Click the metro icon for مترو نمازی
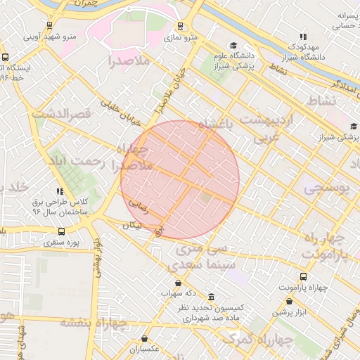(180, 26)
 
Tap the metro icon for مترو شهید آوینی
(49, 25)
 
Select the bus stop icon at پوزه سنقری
(62, 231)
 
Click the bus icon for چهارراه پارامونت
(303, 276)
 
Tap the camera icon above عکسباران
(145, 339)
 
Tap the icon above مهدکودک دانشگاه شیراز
(303, 37)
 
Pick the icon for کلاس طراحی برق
(60, 191)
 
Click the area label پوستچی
(326, 188)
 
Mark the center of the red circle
(180, 180)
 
